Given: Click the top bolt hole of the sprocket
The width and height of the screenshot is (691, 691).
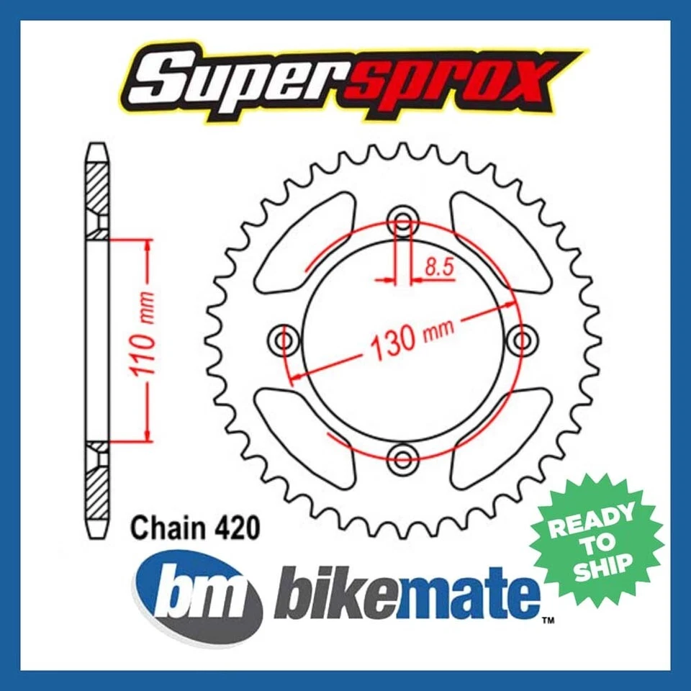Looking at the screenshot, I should pyautogui.click(x=402, y=222).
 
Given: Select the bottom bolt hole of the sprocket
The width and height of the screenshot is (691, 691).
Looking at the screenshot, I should pyautogui.click(x=402, y=455).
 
